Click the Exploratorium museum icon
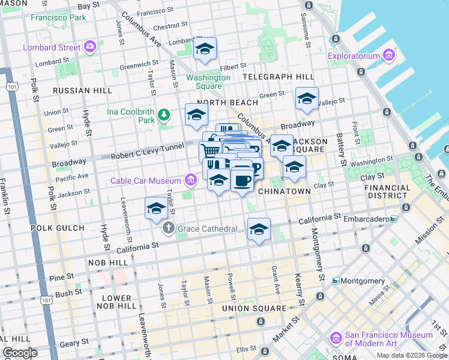tap(388, 56)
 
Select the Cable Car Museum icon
tap(190, 179)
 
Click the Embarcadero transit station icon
tap(394, 219)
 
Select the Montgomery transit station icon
tap(336, 281)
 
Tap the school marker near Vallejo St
tap(307, 98)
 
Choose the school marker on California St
tap(259, 229)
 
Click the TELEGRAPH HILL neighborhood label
tap(278, 77)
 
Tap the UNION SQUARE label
tap(254, 308)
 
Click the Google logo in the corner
tap(20, 353)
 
